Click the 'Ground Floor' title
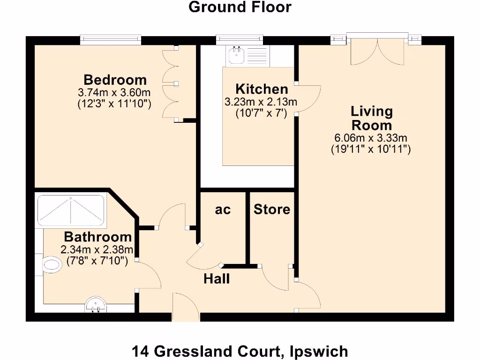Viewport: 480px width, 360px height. point(240,7)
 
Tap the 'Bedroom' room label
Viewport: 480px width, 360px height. point(115,79)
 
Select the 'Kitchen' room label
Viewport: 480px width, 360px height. point(262,89)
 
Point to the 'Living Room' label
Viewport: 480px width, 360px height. point(372,118)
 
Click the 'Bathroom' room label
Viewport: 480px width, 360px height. point(97,236)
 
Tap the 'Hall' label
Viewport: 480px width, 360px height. point(217,279)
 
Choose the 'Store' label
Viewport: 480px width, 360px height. point(272,209)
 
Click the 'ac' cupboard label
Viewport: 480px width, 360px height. point(223,210)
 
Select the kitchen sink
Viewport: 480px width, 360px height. point(236,56)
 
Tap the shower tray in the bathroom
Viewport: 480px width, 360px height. point(70,210)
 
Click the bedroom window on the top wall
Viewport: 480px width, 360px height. point(111,40)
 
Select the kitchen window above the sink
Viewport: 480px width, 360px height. point(240,40)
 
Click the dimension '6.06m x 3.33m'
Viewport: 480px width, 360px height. point(370,138)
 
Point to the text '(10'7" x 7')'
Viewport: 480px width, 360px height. point(261,112)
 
